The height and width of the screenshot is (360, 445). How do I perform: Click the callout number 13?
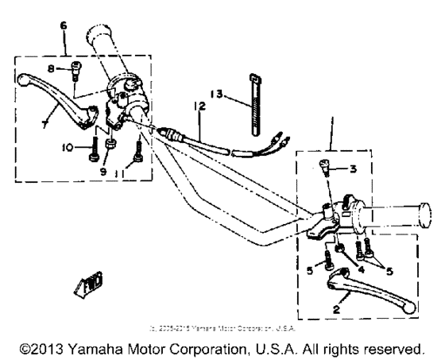215,94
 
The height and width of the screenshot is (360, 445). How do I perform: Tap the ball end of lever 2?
407,306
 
